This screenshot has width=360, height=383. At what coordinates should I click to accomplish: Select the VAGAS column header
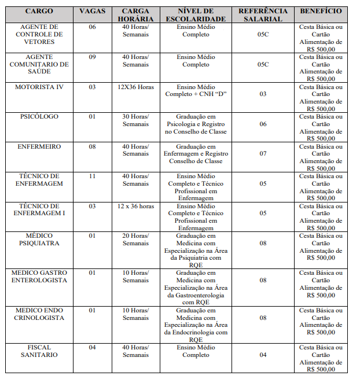tap(93, 11)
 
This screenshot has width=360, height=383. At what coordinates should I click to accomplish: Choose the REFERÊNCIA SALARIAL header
tap(263, 14)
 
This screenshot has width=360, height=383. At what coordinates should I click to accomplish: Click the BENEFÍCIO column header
tap(321, 11)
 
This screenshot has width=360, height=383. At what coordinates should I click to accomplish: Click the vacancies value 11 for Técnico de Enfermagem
tap(93, 176)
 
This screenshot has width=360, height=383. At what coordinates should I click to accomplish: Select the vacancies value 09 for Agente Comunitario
tap(93, 57)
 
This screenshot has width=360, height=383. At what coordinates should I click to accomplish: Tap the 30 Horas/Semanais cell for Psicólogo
tap(136, 120)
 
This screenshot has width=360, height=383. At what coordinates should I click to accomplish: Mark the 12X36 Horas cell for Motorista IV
tap(136, 87)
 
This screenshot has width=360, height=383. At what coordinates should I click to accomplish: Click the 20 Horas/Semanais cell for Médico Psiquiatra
tap(136, 240)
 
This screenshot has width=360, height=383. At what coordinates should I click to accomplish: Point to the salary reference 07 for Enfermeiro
tap(263, 154)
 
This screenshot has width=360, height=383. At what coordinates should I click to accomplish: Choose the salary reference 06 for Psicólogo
tap(263, 124)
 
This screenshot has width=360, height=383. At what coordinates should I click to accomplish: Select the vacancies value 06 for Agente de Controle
tap(93, 27)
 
